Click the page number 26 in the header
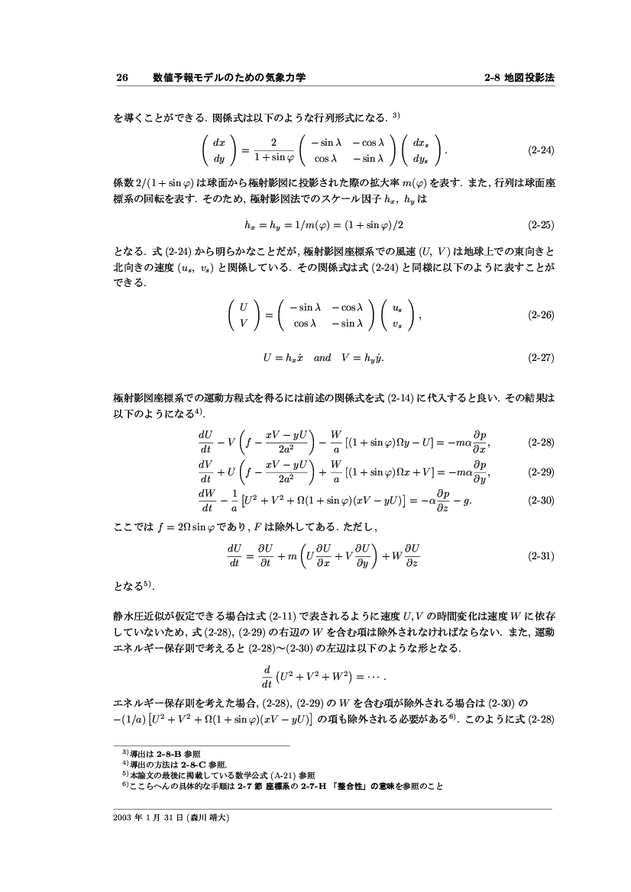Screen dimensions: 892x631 click(121, 78)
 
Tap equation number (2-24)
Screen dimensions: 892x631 click(541, 150)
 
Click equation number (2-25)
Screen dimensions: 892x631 click(541, 225)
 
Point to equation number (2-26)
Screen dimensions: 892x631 click(541, 314)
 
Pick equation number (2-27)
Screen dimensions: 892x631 click(541, 357)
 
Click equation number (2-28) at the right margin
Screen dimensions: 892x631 click(541, 442)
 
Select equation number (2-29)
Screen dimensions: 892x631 click(541, 472)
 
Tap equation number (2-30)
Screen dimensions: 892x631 click(541, 501)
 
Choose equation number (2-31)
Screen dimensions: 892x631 click(541, 556)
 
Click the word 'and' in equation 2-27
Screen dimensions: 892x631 click(322, 357)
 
